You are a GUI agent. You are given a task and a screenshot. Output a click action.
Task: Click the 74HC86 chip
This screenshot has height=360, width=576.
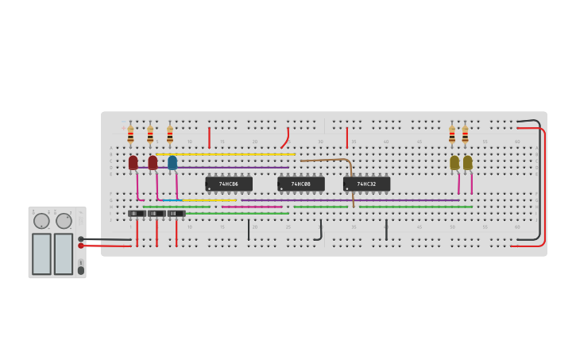pyautogui.click(x=229, y=184)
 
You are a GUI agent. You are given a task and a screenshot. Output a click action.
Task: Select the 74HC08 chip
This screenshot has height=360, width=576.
pyautogui.click(x=301, y=184)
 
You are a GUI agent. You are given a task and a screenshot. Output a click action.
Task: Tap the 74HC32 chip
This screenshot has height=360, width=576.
pyautogui.click(x=366, y=184)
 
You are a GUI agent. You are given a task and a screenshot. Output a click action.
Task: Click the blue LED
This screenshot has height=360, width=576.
pyautogui.click(x=172, y=162)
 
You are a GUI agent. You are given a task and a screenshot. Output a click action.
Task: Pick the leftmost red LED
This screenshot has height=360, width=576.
pyautogui.click(x=133, y=162)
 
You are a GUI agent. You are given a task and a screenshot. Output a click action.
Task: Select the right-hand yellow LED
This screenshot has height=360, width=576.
pyautogui.click(x=468, y=162)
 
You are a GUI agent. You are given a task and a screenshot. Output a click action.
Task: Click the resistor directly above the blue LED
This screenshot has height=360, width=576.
pyautogui.click(x=169, y=135)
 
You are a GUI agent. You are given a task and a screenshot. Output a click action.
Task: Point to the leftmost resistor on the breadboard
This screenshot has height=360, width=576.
pyautogui.click(x=130, y=135)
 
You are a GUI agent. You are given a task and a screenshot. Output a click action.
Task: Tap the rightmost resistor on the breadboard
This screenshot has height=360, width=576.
pyautogui.click(x=465, y=135)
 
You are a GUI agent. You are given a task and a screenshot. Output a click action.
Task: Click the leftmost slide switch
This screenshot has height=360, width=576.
pyautogui.click(x=137, y=213)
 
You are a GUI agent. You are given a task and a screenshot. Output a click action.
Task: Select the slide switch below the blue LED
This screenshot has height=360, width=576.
pyautogui.click(x=176, y=213)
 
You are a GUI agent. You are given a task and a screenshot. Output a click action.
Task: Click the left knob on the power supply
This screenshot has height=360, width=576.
pyautogui.click(x=41, y=221)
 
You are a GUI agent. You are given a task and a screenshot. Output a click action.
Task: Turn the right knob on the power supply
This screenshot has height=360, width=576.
pyautogui.click(x=64, y=221)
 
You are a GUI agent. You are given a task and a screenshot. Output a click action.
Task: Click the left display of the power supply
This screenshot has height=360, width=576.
pyautogui.click(x=41, y=254)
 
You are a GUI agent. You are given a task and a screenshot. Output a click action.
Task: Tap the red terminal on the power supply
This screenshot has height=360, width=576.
pyautogui.click(x=81, y=246)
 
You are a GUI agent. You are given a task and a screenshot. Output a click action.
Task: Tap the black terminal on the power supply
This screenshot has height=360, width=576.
pyautogui.click(x=81, y=238)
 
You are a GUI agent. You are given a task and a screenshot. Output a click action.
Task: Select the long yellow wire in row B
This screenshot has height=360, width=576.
pyautogui.click(x=226, y=154)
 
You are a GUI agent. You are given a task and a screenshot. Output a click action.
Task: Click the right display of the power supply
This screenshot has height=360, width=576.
pyautogui.click(x=64, y=254)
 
